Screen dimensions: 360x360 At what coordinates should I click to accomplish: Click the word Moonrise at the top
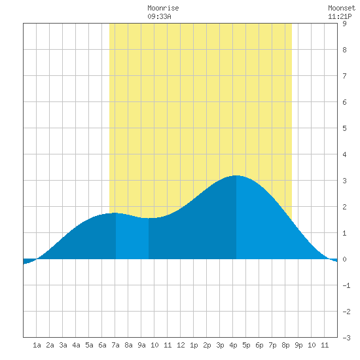(163, 8)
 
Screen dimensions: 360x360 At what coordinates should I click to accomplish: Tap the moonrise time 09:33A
(159, 16)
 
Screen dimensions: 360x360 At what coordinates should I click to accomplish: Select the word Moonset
(342, 8)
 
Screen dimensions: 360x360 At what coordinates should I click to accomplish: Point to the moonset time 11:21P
(340, 16)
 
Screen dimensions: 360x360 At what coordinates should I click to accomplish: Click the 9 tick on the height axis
(344, 24)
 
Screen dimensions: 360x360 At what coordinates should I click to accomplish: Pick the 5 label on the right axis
(344, 128)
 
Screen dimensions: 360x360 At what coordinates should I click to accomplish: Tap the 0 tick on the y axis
(344, 259)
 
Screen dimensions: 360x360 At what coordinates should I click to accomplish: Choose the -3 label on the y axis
(346, 338)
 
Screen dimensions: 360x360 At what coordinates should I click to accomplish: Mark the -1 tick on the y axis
(346, 285)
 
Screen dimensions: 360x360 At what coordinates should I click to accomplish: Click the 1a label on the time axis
(37, 345)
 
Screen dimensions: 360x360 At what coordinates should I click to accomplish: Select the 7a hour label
(115, 345)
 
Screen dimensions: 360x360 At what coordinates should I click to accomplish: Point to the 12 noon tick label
(181, 345)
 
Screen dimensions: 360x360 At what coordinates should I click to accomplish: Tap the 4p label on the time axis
(233, 345)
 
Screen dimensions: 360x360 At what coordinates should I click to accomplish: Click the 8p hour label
(285, 345)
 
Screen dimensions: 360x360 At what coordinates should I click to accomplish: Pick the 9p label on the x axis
(298, 345)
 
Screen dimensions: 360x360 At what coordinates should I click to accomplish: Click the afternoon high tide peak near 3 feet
(236, 175)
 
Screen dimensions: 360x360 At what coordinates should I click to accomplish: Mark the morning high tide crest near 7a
(115, 213)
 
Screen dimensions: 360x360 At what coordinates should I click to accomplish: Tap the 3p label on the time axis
(220, 345)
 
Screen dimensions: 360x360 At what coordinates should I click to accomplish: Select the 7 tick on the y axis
(344, 76)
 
